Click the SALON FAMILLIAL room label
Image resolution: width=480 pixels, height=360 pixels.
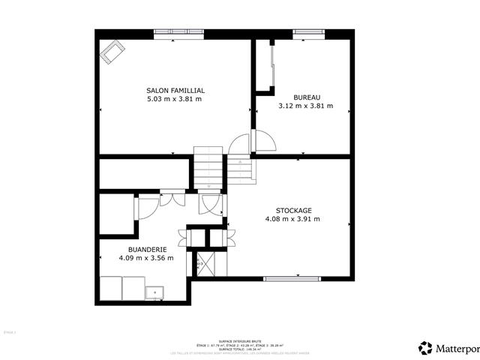[175, 91]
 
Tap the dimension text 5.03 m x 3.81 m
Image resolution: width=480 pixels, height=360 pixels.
[175, 99]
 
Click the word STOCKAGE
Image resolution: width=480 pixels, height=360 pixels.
[293, 211]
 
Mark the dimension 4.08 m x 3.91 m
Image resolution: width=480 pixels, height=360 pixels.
[292, 219]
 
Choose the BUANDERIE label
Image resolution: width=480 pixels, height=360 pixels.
[145, 249]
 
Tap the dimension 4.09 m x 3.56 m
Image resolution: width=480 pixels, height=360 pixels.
[145, 258]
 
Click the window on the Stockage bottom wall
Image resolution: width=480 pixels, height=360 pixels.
[292, 279]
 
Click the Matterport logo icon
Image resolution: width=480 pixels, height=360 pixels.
[425, 347]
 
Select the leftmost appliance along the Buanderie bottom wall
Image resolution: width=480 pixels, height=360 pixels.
[111, 287]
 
